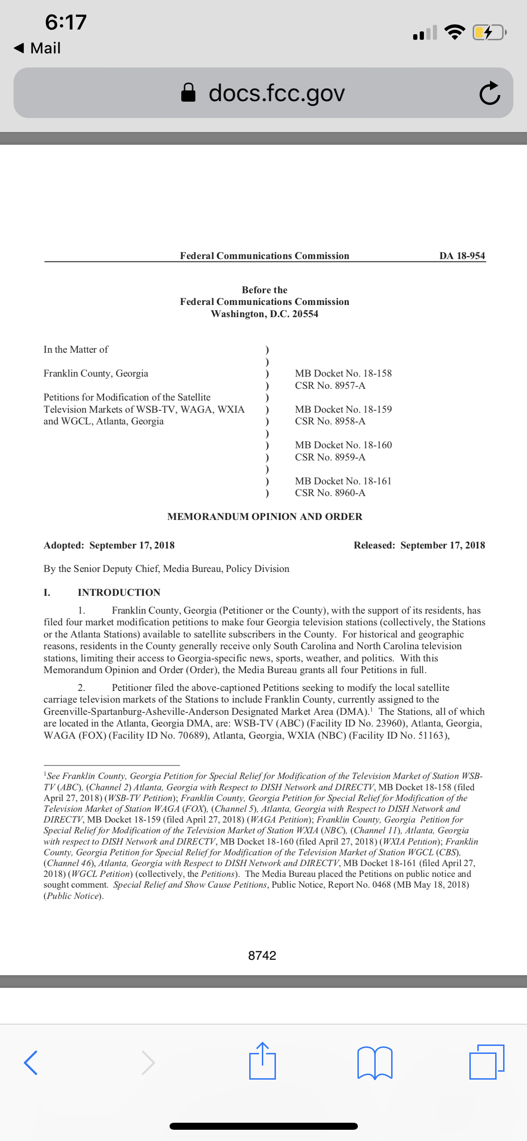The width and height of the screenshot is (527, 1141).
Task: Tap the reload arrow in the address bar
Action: [490, 93]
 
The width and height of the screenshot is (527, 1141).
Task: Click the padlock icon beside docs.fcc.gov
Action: [188, 93]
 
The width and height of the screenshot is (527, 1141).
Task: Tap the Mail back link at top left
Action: [37, 48]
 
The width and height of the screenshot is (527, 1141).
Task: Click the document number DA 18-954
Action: [462, 256]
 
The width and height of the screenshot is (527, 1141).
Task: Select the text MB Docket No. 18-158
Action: [343, 373]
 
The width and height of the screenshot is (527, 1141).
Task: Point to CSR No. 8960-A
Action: [330, 493]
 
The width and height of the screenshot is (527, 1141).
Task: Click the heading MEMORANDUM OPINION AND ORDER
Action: [265, 517]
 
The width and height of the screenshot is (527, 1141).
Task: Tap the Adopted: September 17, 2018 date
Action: [109, 545]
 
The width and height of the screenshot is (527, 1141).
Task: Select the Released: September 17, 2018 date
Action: [419, 545]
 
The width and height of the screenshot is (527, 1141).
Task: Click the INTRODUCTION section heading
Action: [119, 593]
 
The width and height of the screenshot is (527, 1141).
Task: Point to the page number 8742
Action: [262, 956]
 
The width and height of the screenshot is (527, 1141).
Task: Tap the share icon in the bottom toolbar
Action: [262, 1061]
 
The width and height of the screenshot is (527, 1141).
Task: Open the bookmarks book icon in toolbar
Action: [374, 1062]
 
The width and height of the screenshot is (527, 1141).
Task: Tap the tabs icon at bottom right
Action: [486, 1061]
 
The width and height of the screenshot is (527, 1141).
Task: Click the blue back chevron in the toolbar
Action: [31, 1062]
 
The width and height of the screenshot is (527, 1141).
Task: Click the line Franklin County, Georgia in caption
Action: [96, 373]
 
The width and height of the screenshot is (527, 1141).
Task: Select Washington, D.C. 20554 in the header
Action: [264, 314]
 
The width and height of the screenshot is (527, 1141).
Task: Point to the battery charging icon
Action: [489, 32]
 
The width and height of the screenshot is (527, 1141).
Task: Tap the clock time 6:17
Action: [66, 22]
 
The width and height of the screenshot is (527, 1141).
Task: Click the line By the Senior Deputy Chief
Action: [166, 569]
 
